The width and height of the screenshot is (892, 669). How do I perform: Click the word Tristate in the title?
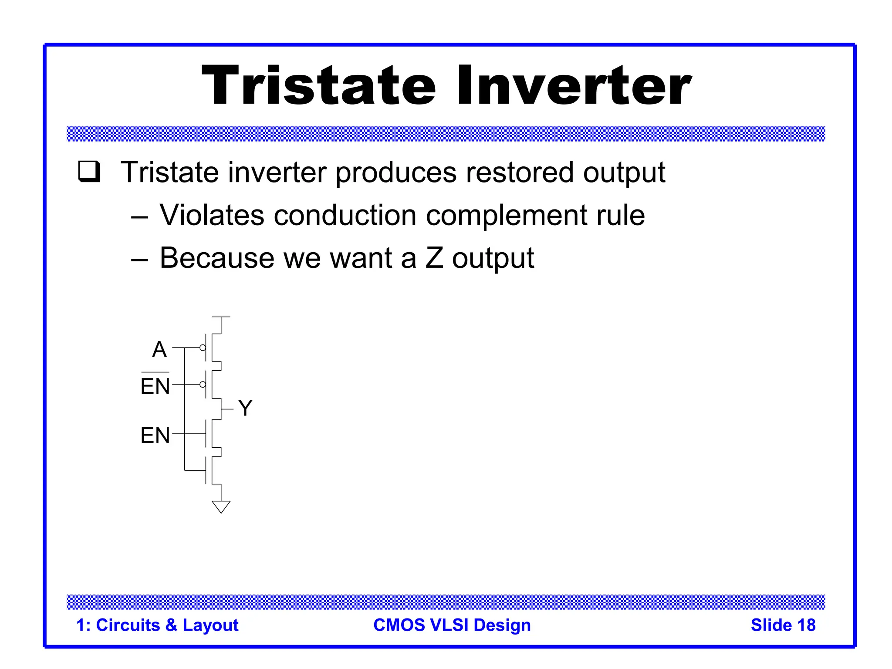[318, 85]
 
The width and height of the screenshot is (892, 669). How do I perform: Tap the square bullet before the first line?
[89, 172]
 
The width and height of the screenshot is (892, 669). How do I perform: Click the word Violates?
[212, 215]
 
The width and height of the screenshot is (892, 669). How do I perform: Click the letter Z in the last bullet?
[434, 258]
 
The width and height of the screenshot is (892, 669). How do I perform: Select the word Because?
[217, 258]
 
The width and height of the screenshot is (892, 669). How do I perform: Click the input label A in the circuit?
[159, 349]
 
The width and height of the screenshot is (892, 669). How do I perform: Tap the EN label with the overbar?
[155, 385]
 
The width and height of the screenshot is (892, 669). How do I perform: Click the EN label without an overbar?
[155, 435]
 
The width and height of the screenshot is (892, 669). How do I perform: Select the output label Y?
[245, 408]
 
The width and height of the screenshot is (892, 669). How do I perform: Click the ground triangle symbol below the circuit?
[221, 507]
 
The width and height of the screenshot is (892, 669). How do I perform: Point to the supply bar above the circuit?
[221, 317]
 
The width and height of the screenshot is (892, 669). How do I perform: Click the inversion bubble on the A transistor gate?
[203, 348]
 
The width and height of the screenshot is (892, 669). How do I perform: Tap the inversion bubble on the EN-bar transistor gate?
[203, 385]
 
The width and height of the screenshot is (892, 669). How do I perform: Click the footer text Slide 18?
[783, 625]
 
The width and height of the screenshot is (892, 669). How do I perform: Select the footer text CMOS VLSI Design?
[452, 625]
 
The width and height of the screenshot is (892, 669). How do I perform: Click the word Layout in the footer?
[210, 625]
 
